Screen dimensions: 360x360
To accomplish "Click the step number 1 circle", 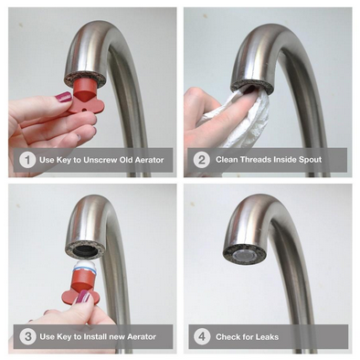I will pyautogui.click(x=27, y=161).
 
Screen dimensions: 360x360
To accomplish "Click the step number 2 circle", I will pyautogui.click(x=203, y=161).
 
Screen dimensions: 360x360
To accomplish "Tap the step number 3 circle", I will pyautogui.click(x=27, y=336).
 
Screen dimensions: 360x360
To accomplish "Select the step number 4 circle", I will pyautogui.click(x=203, y=336).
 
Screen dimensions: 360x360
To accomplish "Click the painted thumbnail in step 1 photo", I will pyautogui.click(x=62, y=96).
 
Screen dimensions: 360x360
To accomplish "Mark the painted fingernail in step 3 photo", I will pyautogui.click(x=84, y=298).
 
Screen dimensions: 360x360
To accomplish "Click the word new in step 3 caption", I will pyautogui.click(x=118, y=336).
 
